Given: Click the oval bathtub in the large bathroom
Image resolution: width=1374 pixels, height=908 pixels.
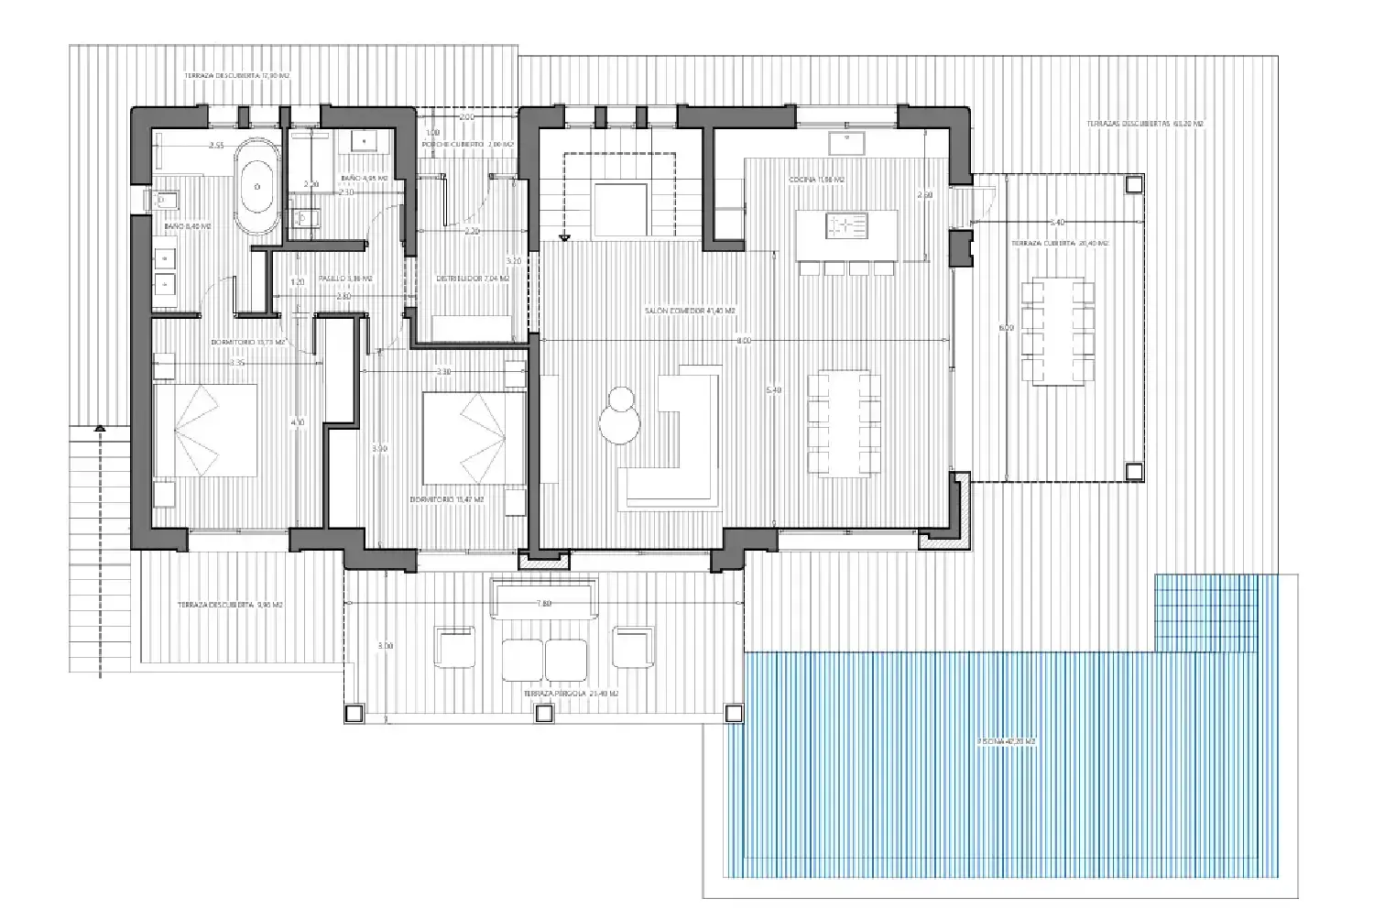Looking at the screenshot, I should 256,187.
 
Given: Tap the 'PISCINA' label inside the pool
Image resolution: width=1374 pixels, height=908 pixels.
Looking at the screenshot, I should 1006,740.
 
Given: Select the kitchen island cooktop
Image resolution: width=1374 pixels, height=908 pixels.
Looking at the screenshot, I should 846,225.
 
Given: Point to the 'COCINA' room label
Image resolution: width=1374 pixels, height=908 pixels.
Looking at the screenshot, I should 816,180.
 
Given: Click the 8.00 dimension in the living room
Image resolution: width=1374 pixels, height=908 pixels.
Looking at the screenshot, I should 743,340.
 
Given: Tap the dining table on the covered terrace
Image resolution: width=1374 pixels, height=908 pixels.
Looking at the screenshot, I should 1058,331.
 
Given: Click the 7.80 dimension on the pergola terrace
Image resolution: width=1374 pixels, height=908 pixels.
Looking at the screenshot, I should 543,604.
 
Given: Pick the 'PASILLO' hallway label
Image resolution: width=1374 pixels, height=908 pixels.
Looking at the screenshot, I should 344,279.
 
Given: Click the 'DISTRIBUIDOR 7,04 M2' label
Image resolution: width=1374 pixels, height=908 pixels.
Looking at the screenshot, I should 473,279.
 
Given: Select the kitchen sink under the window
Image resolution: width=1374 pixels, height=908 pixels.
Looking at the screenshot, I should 847,142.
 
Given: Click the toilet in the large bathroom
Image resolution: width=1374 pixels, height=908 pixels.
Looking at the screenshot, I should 167,200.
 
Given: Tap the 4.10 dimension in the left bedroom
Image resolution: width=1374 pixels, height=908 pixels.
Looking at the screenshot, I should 297,422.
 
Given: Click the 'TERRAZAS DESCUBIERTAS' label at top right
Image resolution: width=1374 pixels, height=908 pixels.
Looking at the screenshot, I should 1144,124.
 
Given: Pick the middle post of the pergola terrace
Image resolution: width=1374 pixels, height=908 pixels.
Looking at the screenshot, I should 544,714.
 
